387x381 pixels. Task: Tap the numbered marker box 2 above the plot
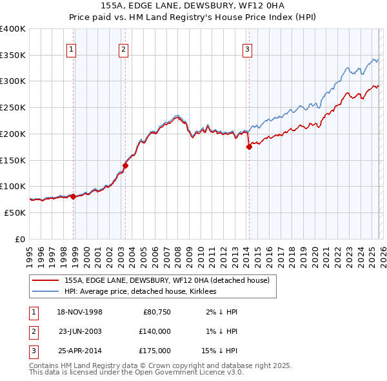coord(123,48)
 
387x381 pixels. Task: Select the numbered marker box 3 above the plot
coord(247,48)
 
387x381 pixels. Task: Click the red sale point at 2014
coord(249,147)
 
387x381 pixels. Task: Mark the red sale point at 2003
coord(125,165)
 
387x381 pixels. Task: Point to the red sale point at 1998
coord(73,196)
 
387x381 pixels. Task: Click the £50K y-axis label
coord(15,212)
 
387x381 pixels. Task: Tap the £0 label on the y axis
coord(20,239)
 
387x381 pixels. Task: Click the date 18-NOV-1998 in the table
coord(80,312)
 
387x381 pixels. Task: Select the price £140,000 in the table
coord(155,331)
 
